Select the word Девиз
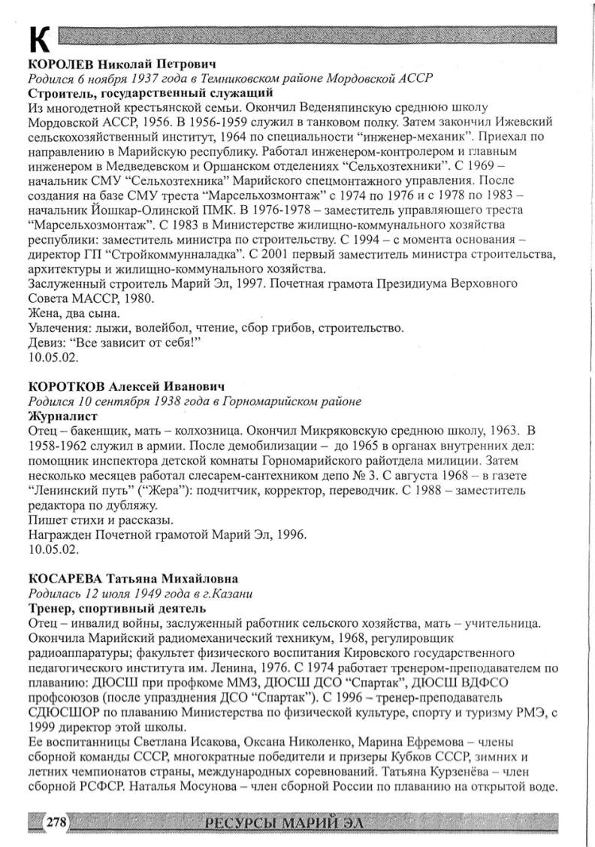(44, 343)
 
